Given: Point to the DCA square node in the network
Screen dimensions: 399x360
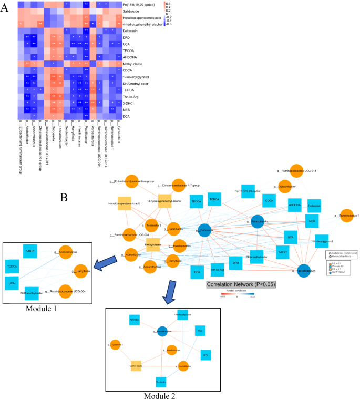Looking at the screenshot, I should click(x=197, y=271).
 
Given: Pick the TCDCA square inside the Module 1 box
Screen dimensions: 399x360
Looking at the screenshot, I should click(x=14, y=267).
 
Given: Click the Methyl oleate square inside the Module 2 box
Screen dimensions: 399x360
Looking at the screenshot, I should click(x=136, y=365).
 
